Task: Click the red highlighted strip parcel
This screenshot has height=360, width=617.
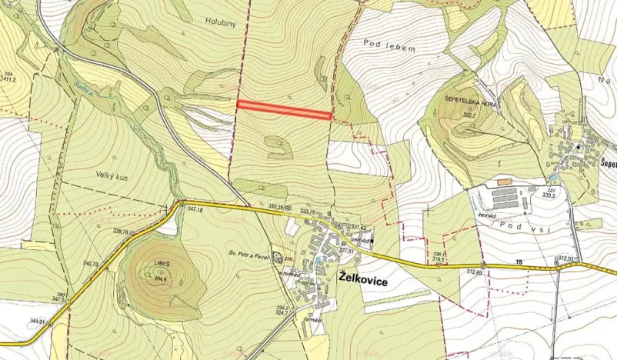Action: (x=284, y=110)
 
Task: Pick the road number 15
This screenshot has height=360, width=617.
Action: (x=519, y=263)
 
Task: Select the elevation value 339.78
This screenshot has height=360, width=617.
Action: (x=121, y=231)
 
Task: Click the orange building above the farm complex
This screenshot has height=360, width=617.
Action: (x=505, y=182)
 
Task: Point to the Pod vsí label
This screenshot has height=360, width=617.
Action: (x=515, y=223)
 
